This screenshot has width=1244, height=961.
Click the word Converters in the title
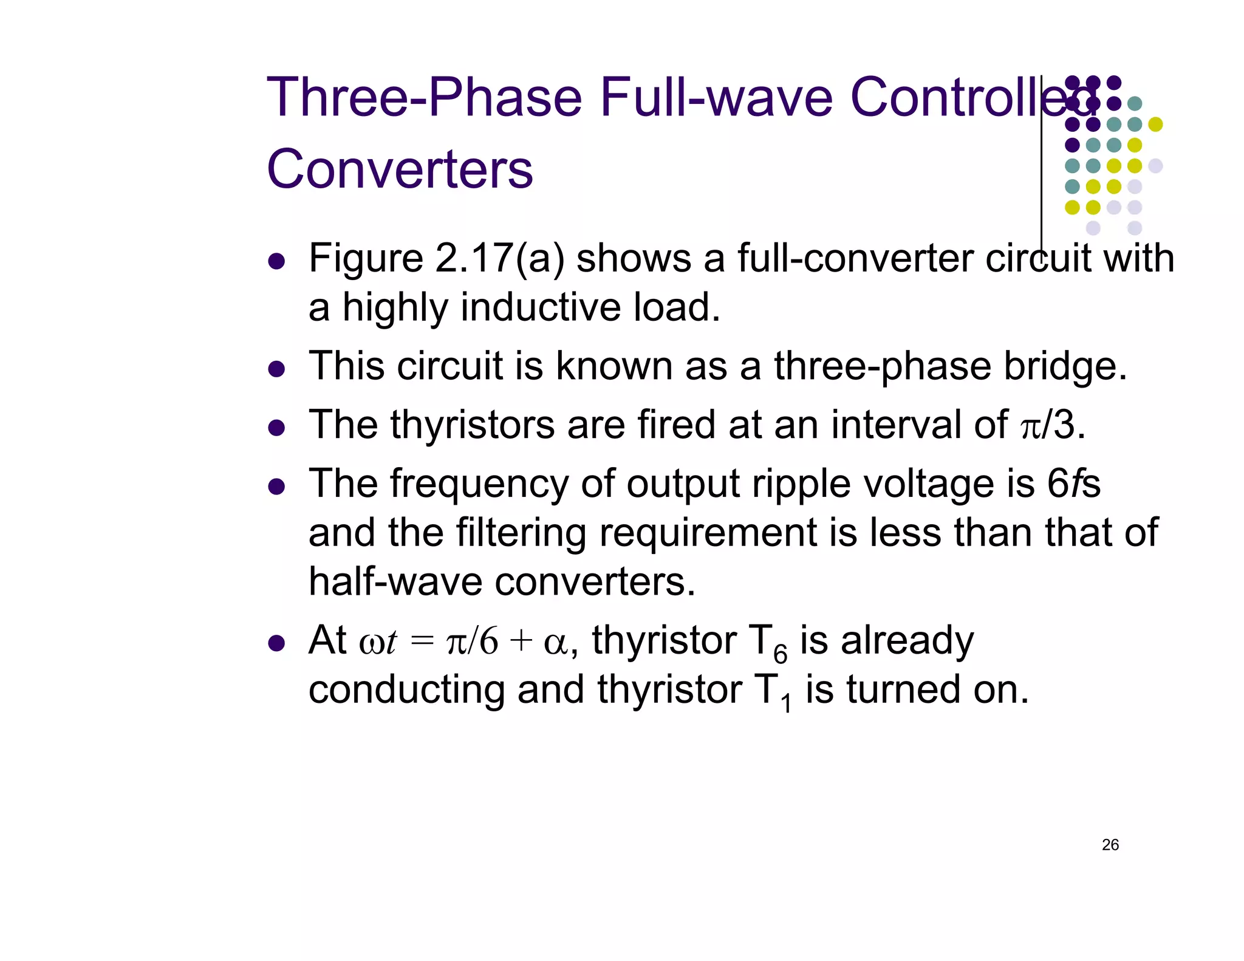(400, 169)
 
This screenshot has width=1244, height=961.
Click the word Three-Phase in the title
(424, 97)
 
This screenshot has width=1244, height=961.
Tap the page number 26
(1110, 844)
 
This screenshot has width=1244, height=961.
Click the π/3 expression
(1052, 425)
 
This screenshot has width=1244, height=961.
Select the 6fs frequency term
(1073, 484)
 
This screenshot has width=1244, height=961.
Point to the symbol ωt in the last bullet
(378, 641)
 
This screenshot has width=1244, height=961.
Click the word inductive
(541, 307)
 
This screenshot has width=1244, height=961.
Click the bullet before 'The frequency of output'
(276, 487)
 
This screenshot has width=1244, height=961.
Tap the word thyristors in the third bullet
(472, 425)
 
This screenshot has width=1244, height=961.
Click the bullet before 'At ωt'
(276, 643)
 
